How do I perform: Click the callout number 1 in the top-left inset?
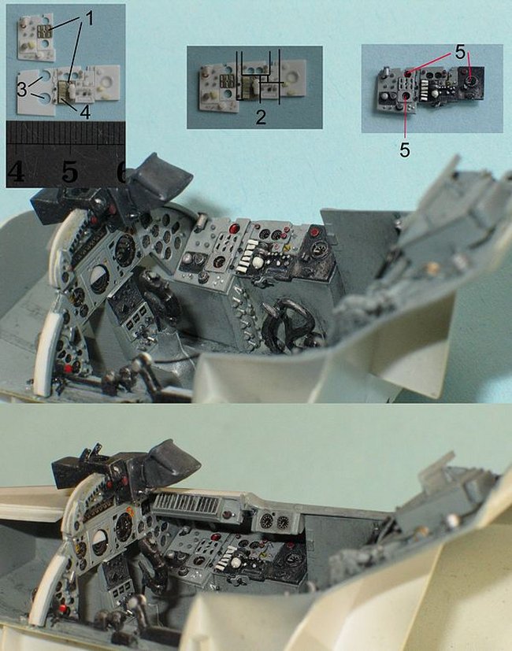point(89,18)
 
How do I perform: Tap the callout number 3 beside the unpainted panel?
point(22,88)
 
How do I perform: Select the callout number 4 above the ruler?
point(85,111)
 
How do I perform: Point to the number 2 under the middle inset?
point(261,117)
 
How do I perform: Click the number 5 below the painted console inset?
point(405,150)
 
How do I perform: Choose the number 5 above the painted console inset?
point(460,52)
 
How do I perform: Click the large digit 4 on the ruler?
point(16,172)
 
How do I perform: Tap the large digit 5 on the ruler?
point(70,172)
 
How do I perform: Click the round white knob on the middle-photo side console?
point(258,262)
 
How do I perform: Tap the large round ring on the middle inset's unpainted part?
point(293,76)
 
